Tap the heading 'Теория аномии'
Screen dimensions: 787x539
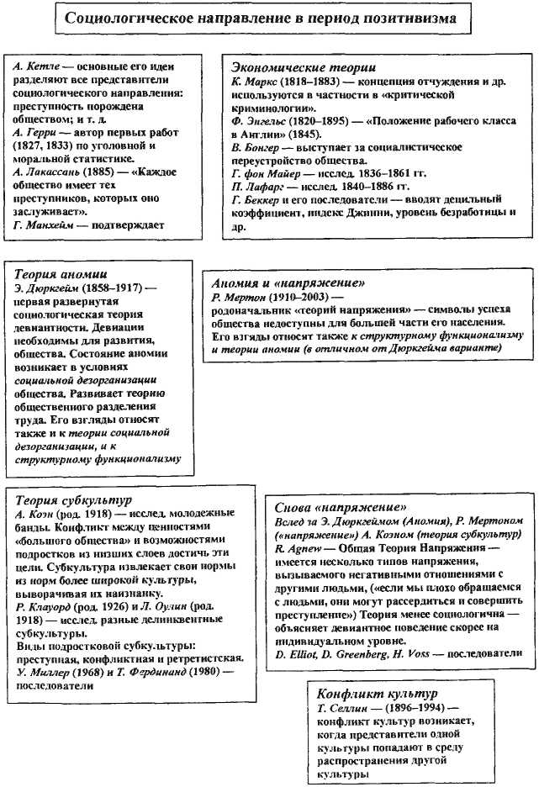click(61, 273)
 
